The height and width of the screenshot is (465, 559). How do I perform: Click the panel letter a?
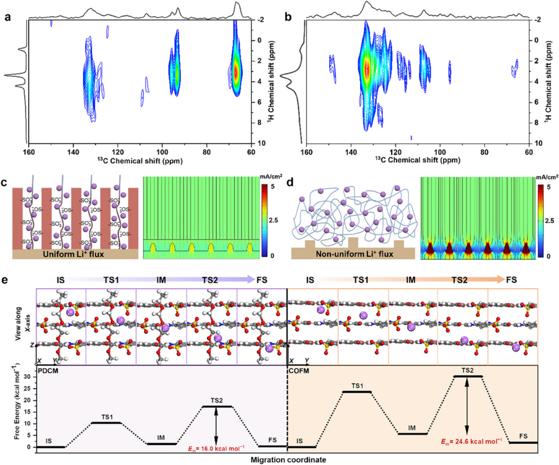tap(8, 16)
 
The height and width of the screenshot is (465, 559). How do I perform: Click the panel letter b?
tap(288, 16)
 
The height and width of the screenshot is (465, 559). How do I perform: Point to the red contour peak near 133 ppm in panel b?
tap(367, 69)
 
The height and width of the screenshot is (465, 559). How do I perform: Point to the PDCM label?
tap(49, 370)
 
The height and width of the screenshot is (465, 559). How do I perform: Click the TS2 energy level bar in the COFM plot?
tap(467, 377)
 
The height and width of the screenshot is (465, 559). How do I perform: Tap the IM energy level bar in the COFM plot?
tap(412, 434)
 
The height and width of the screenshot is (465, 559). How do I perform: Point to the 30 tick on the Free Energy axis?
tap(28, 377)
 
